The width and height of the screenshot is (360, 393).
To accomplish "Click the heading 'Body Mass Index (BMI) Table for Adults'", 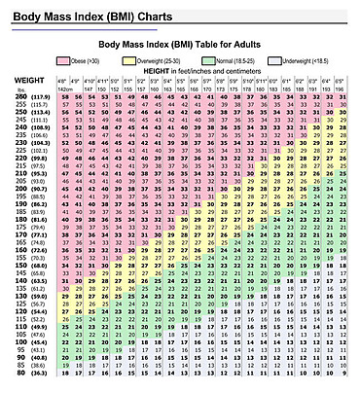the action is tap(200, 45).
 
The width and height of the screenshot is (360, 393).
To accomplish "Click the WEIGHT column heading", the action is tap(22, 78).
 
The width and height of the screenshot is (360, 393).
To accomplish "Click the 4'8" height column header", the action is tap(63, 81).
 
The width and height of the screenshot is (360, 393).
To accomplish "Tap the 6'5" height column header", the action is tap(343, 81).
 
